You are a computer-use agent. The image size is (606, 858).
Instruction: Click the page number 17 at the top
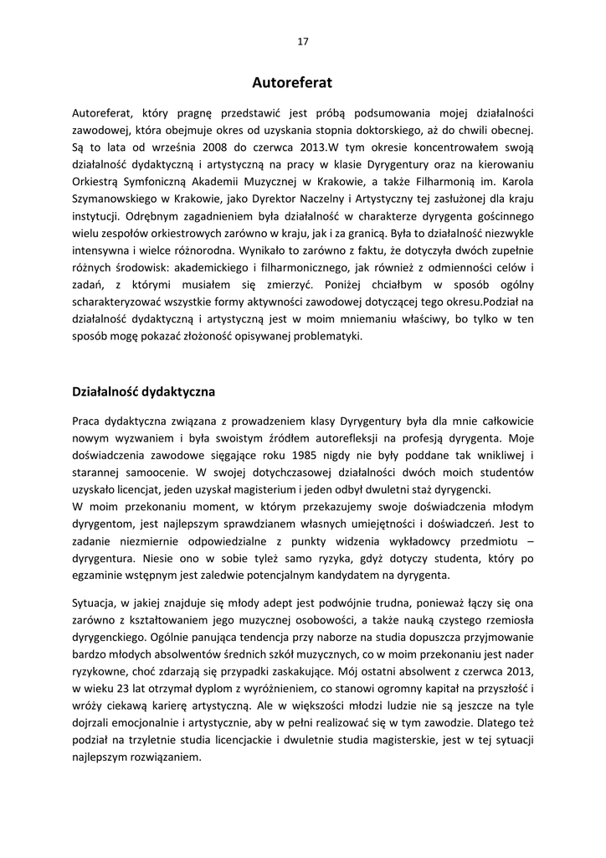click(303, 41)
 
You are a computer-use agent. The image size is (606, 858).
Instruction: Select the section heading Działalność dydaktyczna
click(144, 391)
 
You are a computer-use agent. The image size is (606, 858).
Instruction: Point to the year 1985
click(309, 456)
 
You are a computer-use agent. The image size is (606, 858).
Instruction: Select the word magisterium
click(280, 490)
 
